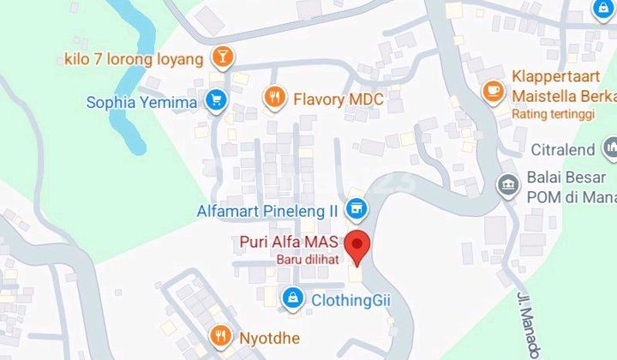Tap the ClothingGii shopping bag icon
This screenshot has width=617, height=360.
[294, 298]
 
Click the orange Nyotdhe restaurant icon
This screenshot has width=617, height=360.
[222, 336]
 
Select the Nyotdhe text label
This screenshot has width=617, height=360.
[267, 337]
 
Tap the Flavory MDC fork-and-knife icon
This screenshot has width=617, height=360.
[274, 99]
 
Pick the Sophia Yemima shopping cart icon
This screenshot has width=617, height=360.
[215, 102]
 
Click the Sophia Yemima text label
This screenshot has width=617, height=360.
[142, 103]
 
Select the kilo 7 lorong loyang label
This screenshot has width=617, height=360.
[135, 58]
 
